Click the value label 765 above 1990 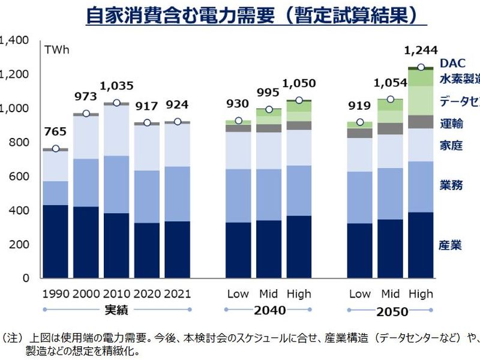[55, 132]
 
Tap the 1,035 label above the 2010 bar [116, 86]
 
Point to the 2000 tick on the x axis [85, 294]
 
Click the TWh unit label [57, 49]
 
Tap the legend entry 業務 [451, 185]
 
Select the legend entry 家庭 [451, 145]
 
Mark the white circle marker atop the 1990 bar [55, 149]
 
